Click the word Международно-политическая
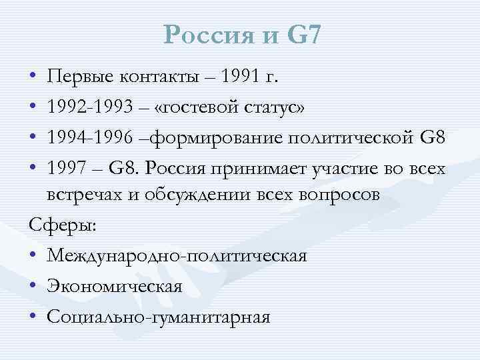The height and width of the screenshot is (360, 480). pos(177,256)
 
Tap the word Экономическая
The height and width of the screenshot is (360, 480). pos(115,287)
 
